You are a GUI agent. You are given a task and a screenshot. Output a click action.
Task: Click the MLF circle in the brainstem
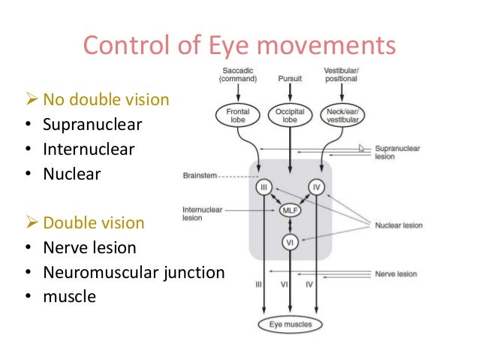290,211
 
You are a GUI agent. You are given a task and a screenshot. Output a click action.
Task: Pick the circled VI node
290,242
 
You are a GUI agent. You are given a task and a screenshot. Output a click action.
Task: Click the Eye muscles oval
290,325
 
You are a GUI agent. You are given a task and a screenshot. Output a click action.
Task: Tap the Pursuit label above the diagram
290,77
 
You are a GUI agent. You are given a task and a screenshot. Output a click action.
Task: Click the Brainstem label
199,175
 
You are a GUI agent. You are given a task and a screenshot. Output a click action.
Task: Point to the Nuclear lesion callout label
399,225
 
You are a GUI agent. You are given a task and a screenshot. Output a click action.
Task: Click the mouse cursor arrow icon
363,149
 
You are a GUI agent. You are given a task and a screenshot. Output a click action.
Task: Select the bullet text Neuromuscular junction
134,272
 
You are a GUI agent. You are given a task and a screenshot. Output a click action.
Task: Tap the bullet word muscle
69,296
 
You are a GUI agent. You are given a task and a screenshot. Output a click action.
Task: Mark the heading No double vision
105,100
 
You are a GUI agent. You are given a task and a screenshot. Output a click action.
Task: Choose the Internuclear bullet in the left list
89,149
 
